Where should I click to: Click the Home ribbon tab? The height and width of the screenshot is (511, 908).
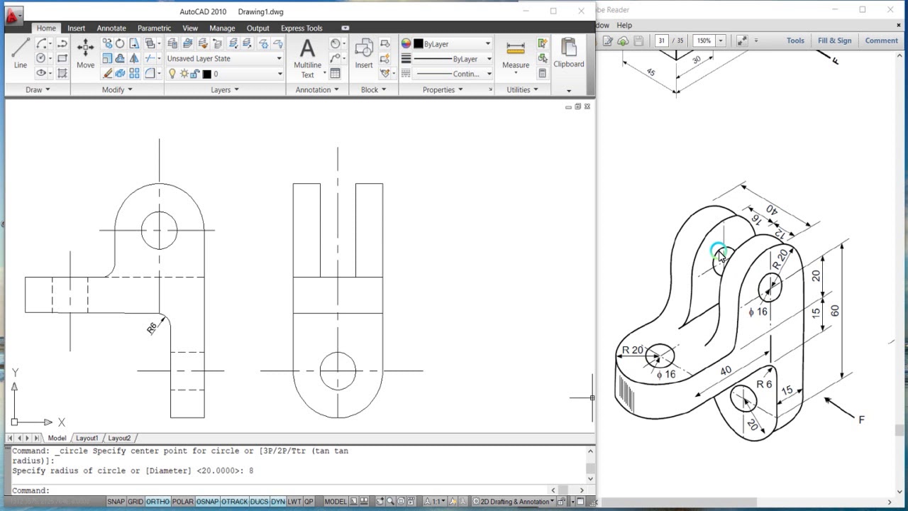(46, 28)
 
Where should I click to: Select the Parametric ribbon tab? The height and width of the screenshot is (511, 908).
(154, 28)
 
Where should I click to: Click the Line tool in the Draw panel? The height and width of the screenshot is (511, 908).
(21, 53)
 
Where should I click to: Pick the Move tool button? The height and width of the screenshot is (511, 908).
(85, 53)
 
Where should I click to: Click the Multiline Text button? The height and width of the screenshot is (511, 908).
(307, 57)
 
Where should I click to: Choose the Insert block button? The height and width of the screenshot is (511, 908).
(364, 53)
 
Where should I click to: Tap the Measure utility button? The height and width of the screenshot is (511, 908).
(516, 55)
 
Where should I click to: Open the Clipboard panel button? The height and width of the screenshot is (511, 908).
(568, 53)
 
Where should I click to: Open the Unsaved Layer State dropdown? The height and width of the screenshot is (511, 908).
(224, 59)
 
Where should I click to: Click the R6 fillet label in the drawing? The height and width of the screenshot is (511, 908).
(152, 328)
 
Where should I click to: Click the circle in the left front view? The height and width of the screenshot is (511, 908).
(159, 229)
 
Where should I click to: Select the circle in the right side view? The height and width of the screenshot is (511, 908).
(338, 370)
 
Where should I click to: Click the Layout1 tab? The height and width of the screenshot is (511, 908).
(87, 438)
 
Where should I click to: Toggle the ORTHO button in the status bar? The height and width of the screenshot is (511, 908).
(157, 502)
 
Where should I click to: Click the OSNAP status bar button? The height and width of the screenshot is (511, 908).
(207, 502)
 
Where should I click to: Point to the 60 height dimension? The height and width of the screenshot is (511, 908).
(835, 311)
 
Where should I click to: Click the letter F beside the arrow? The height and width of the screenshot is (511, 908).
(861, 419)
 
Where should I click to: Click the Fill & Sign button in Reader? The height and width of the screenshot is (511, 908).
(834, 40)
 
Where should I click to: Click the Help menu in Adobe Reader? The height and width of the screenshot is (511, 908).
(624, 25)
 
